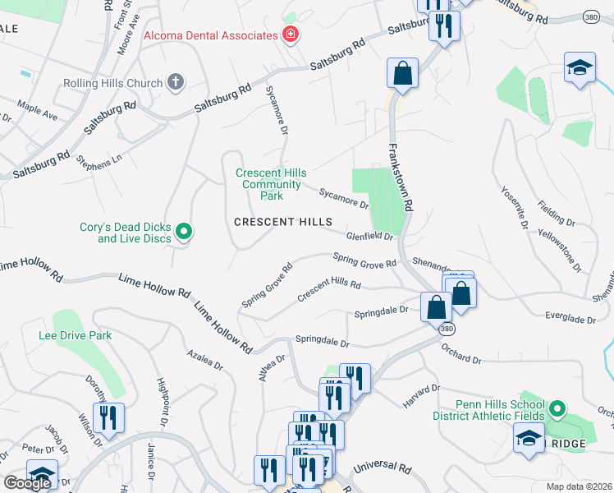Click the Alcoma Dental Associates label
211,35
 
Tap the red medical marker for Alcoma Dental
289,35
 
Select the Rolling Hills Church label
112,83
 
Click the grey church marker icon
175,81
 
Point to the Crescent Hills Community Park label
271,184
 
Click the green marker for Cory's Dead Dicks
184,233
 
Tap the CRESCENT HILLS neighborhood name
283,222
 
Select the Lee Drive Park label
75,335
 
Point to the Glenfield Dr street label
370,236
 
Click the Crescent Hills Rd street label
329,289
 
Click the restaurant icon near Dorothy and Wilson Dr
108,419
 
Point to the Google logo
28,483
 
